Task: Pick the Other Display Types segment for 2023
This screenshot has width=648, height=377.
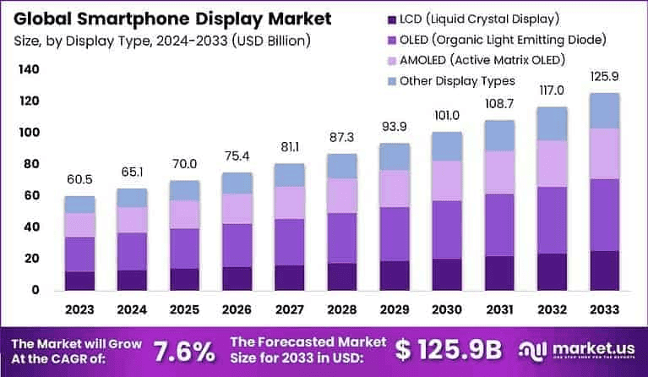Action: pyautogui.click(x=80, y=205)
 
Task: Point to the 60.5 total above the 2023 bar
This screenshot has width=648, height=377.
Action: pyautogui.click(x=80, y=180)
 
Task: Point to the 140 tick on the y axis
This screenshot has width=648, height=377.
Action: pyautogui.click(x=28, y=70)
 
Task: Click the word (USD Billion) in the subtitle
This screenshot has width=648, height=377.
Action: pyautogui.click(x=270, y=40)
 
